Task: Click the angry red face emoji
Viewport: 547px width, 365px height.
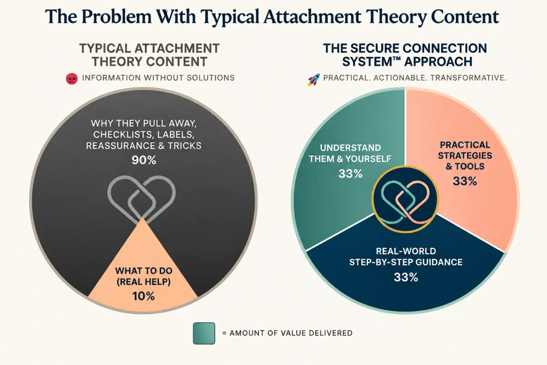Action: [72, 79]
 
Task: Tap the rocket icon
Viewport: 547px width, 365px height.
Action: [314, 79]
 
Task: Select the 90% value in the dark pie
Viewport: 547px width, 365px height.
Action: [144, 160]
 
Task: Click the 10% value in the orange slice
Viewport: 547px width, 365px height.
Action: [144, 296]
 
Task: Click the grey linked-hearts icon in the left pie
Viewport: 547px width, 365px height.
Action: [142, 199]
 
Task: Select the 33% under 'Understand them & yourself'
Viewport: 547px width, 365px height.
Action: [351, 173]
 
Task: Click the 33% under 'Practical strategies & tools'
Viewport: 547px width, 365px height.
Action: [465, 181]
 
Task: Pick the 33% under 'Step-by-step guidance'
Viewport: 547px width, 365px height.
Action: [406, 277]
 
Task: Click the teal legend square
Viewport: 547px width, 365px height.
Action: [204, 333]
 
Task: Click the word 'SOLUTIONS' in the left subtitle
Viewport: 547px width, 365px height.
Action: [211, 78]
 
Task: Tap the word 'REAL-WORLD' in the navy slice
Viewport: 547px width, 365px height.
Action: [406, 251]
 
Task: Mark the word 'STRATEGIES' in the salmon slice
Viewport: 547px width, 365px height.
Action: [465, 156]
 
